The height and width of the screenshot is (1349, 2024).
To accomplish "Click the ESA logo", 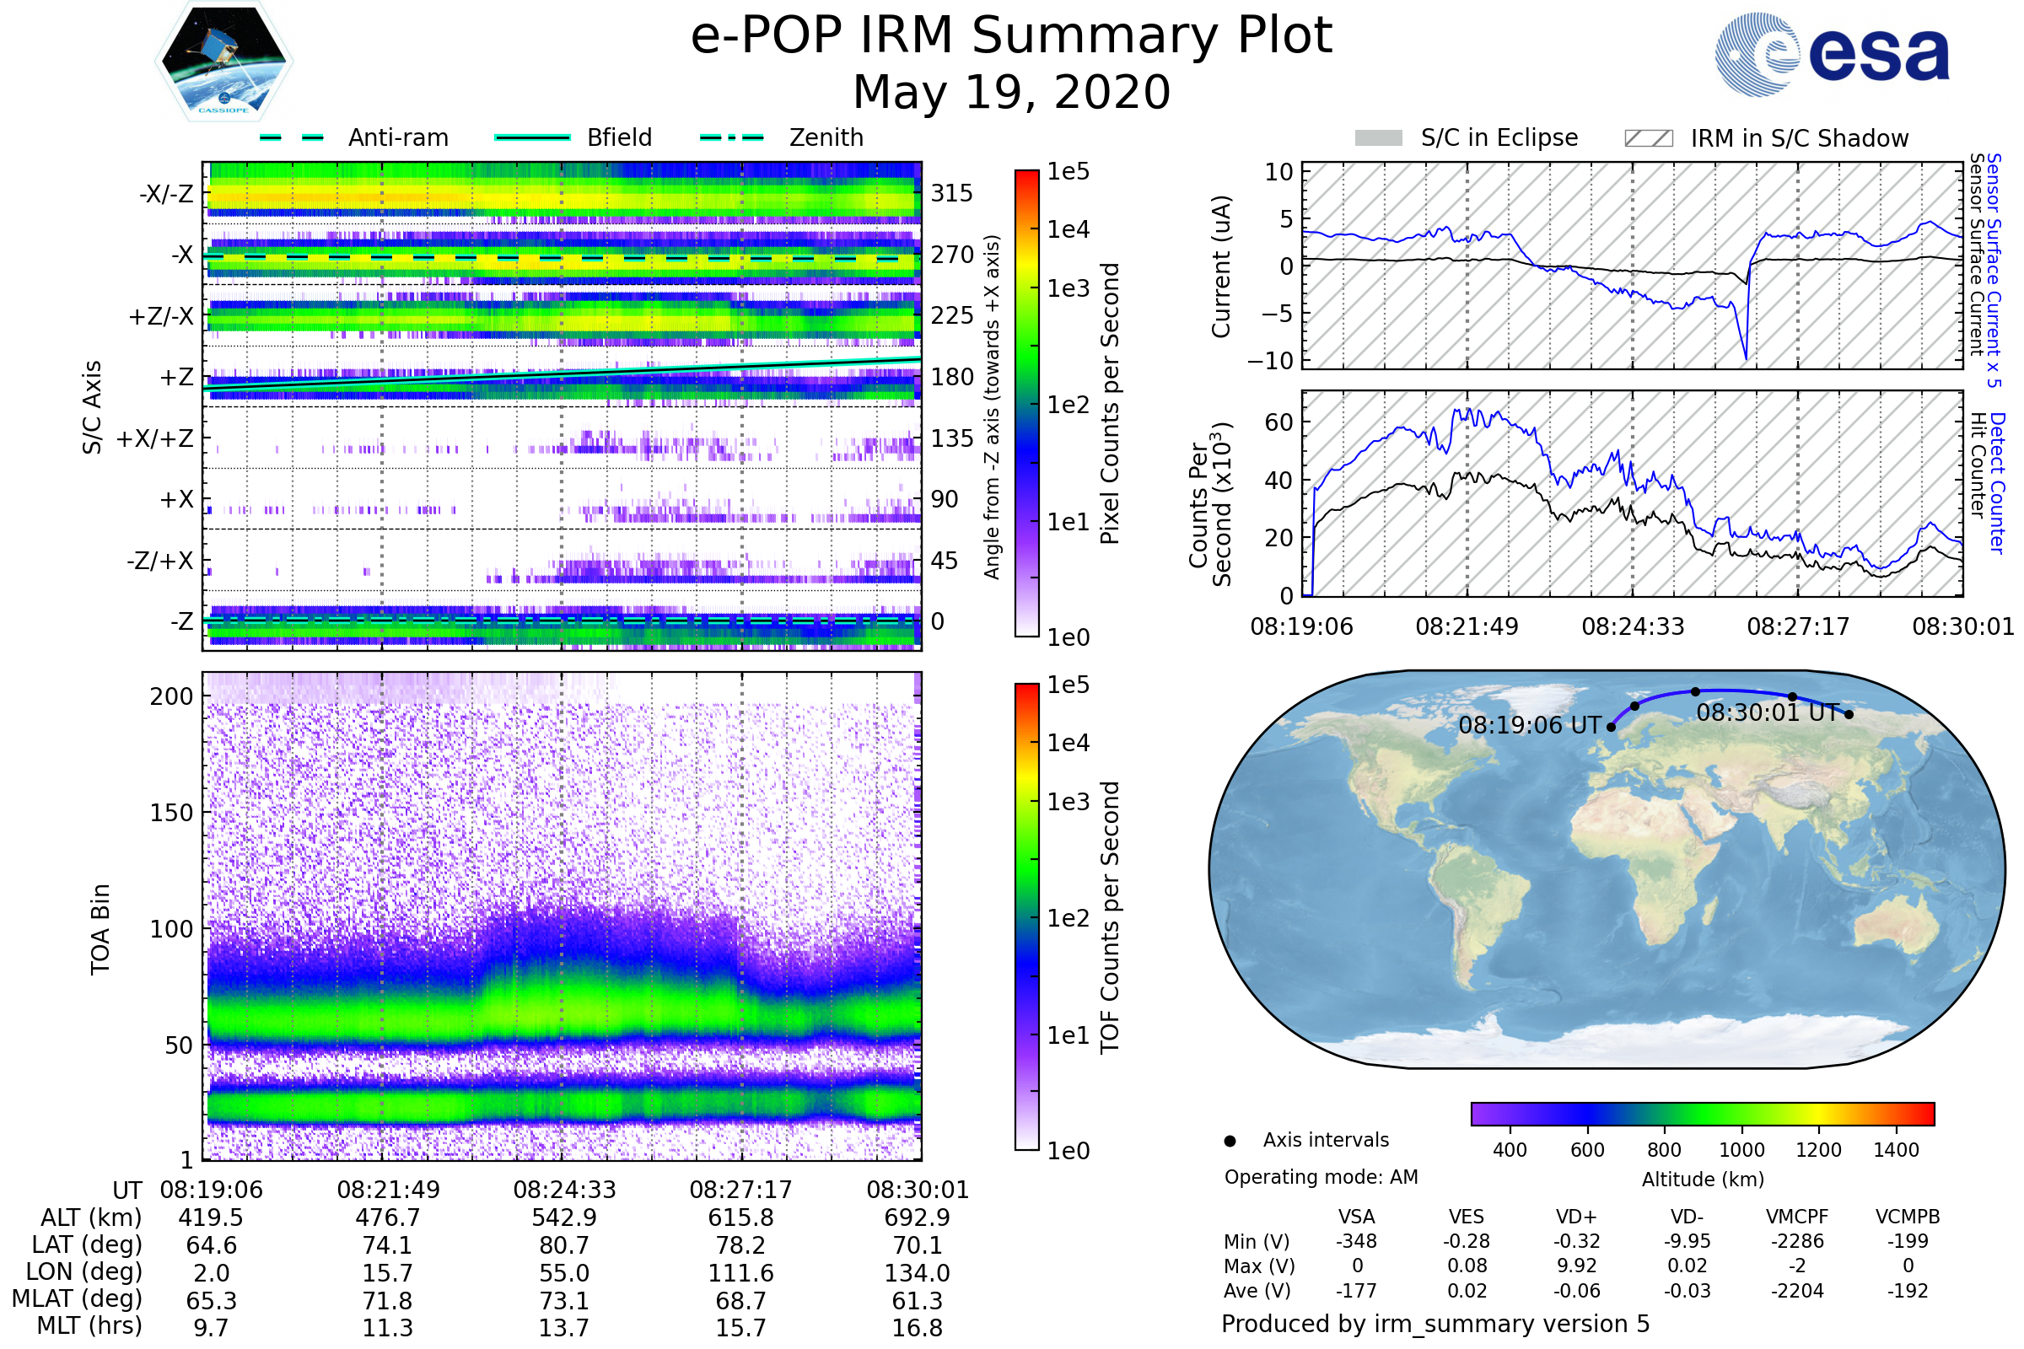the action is [x=1831, y=54].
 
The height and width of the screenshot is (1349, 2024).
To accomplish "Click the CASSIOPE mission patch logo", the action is [x=223, y=61].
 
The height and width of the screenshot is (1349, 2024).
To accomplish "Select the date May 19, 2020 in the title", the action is [x=1011, y=92].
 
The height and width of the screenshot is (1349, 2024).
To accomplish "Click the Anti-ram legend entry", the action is [x=353, y=137].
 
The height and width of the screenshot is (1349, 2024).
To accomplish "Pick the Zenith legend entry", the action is [x=782, y=137].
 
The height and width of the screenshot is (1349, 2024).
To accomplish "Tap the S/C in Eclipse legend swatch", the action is [x=1378, y=138].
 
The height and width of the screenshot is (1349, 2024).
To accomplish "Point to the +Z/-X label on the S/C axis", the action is [x=161, y=317].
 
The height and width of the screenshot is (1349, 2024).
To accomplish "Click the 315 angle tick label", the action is [x=952, y=194].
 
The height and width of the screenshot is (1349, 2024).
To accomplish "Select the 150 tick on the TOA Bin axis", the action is [x=171, y=813].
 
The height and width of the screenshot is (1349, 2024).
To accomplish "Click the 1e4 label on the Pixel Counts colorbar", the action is [x=1068, y=229].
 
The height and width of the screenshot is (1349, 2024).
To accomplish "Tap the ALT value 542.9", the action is [x=563, y=1218].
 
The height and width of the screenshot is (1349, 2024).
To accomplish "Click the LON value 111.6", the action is [x=741, y=1273].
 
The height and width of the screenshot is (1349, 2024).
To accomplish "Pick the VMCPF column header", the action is [x=1797, y=1217].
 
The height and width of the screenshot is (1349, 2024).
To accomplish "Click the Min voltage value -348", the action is [x=1356, y=1241].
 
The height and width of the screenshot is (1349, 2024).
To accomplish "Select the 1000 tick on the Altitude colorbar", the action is [x=1741, y=1150].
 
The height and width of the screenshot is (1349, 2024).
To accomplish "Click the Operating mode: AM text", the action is [x=1321, y=1177].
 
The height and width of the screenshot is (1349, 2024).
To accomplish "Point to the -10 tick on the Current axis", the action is [x=1271, y=362].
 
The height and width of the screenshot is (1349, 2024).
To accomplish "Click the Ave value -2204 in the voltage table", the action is [x=1797, y=1292].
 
